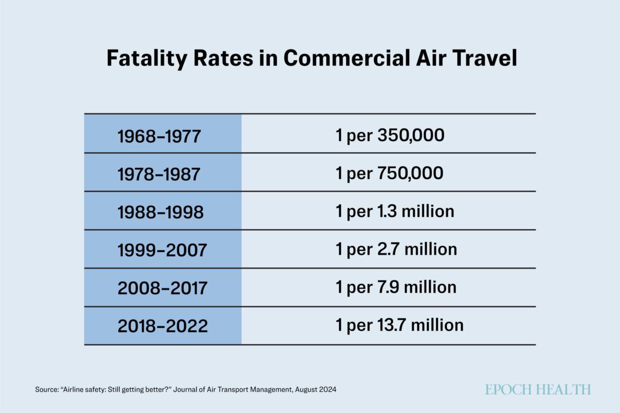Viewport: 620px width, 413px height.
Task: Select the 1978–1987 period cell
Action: pyautogui.click(x=158, y=174)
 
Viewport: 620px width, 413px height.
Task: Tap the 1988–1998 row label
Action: pyautogui.click(x=160, y=212)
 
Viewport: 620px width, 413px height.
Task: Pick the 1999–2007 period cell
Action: pyautogui.click(x=162, y=250)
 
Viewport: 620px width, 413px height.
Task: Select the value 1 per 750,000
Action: pyautogui.click(x=390, y=173)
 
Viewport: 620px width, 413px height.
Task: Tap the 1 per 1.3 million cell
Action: pyautogui.click(x=395, y=211)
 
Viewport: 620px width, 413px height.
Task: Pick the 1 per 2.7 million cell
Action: pyautogui.click(x=396, y=249)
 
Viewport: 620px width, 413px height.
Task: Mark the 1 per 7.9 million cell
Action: pyautogui.click(x=396, y=287)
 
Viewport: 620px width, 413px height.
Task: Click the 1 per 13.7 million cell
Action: pyautogui.click(x=399, y=325)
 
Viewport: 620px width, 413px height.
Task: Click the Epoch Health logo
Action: pyautogui.click(x=537, y=390)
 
